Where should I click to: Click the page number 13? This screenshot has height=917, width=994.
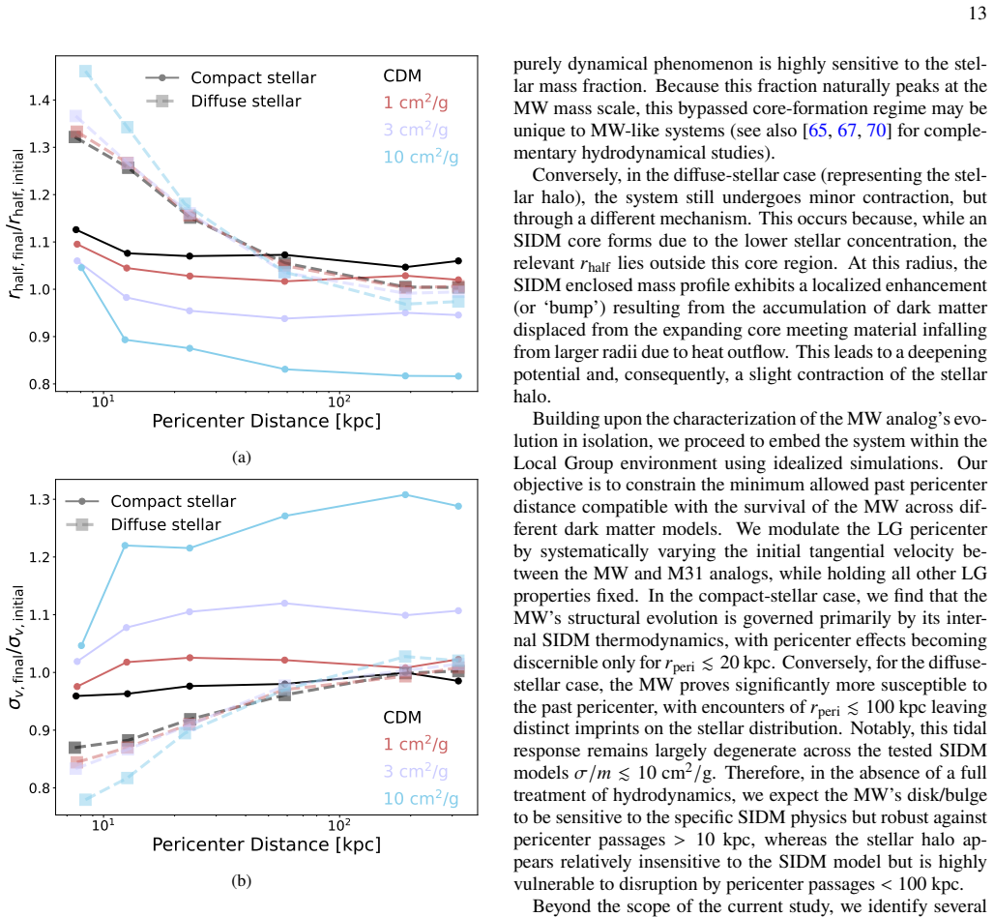pyautogui.click(x=977, y=14)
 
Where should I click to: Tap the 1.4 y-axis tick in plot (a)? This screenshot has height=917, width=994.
pyautogui.click(x=40, y=101)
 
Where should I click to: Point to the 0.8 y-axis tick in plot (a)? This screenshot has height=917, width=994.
pyautogui.click(x=40, y=384)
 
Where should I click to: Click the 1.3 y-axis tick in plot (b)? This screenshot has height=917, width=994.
pyautogui.click(x=40, y=500)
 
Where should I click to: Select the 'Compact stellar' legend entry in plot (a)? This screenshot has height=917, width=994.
pyautogui.click(x=231, y=78)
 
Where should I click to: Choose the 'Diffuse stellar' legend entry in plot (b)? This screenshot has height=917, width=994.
pyautogui.click(x=144, y=524)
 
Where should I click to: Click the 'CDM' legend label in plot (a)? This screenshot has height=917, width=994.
pyautogui.click(x=402, y=76)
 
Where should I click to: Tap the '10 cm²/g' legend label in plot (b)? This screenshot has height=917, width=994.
pyautogui.click(x=421, y=798)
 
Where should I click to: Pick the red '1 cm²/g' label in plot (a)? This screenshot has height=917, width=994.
pyautogui.click(x=415, y=103)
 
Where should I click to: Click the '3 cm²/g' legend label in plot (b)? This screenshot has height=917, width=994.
pyautogui.click(x=415, y=771)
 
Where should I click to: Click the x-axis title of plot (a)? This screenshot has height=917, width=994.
pyautogui.click(x=266, y=421)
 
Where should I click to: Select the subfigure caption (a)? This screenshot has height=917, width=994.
pyautogui.click(x=242, y=458)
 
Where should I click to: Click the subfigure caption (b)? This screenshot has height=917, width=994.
pyautogui.click(x=242, y=880)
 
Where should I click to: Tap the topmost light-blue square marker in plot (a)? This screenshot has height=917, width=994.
pyautogui.click(x=86, y=72)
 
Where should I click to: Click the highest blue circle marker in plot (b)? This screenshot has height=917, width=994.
pyautogui.click(x=405, y=494)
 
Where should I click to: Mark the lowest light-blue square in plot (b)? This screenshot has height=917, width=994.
pyautogui.click(x=86, y=800)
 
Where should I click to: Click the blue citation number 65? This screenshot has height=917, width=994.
pyautogui.click(x=817, y=131)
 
